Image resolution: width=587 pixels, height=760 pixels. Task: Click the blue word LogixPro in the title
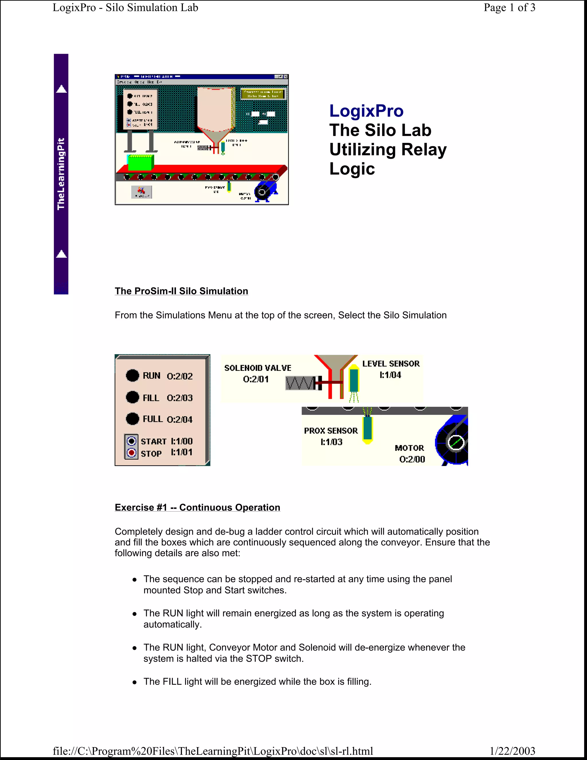(366, 111)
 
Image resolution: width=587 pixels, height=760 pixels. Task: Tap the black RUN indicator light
(132, 375)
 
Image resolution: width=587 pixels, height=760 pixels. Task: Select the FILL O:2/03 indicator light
(132, 397)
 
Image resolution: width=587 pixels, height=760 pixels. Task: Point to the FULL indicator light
(132, 419)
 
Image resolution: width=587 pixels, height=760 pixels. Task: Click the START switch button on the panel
(132, 441)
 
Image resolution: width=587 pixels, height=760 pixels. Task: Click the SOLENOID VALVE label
(258, 368)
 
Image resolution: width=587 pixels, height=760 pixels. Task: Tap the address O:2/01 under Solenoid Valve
(256, 379)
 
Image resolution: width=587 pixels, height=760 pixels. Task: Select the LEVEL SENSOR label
(391, 364)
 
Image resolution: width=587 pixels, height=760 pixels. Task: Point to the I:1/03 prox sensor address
(331, 442)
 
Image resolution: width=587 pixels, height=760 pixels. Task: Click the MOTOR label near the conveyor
(409, 448)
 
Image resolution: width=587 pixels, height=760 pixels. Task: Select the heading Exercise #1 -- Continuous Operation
(197, 507)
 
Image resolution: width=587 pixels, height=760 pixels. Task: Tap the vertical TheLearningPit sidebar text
(61, 174)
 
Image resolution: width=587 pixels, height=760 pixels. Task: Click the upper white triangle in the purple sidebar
(61, 89)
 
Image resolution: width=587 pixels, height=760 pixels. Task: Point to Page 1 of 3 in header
(509, 8)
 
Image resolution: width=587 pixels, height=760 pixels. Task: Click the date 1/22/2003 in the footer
(512, 751)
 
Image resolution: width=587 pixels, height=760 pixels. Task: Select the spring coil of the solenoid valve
(300, 383)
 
